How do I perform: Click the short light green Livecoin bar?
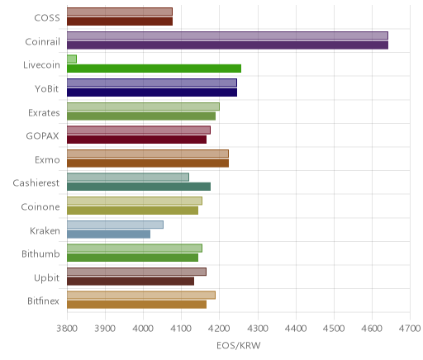pos(72,59)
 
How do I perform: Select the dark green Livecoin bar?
pos(154,69)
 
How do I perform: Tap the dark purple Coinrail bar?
pos(228,45)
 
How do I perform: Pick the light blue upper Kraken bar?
pos(115,225)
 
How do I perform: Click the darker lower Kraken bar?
pos(109,234)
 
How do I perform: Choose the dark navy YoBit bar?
pos(152,92)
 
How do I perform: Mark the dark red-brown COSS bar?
pos(120,21)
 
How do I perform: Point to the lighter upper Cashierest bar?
pos(128,178)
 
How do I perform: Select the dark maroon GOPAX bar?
pos(137,140)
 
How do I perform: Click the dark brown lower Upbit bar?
pos(131,282)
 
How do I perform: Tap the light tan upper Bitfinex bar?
pos(141,295)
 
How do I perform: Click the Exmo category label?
pos(47,160)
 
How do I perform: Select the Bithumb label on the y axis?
pos(40,253)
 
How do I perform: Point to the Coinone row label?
pos(40,206)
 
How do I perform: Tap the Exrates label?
pos(44,112)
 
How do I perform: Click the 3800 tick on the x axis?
pos(67,329)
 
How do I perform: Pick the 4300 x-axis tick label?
pos(258,329)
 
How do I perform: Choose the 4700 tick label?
pos(410,329)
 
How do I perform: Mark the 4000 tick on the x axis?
pos(143,329)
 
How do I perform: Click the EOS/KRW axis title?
pos(239,346)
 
